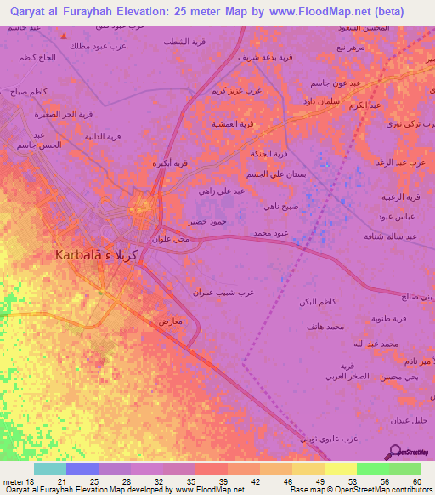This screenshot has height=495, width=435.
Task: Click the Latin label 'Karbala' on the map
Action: tap(82, 253)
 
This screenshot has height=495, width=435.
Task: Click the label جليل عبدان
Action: tap(410, 421)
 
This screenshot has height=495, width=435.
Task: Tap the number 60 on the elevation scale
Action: tap(416, 481)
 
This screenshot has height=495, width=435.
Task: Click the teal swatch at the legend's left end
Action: tap(50, 469)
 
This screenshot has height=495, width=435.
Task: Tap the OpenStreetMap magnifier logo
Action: tap(393, 452)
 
